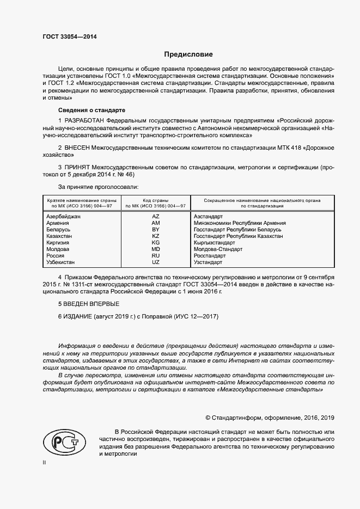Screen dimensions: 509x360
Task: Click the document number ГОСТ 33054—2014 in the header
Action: tap(70, 37)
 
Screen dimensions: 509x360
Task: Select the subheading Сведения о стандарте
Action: tap(88, 109)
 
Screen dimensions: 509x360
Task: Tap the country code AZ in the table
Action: tap(156, 216)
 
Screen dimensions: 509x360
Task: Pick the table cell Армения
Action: tap(58, 223)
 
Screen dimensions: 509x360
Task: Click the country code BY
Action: tap(156, 230)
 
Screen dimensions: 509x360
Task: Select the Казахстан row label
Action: tap(61, 236)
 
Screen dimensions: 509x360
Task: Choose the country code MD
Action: tap(156, 249)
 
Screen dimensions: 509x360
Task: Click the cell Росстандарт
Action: tap(210, 256)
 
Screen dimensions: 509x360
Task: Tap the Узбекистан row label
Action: tap(62, 262)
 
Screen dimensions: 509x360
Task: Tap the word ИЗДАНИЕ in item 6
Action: tap(78, 316)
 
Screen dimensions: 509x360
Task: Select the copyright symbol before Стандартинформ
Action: tap(208, 418)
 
